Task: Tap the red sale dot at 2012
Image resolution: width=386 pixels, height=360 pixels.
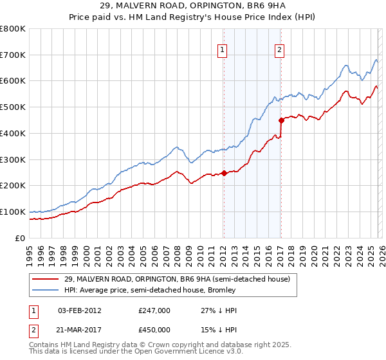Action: [x=224, y=172]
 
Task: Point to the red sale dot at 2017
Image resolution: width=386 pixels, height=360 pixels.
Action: [x=281, y=120]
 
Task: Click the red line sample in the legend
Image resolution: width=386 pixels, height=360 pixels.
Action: [x=46, y=280]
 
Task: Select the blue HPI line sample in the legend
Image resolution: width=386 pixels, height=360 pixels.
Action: [x=46, y=291]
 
